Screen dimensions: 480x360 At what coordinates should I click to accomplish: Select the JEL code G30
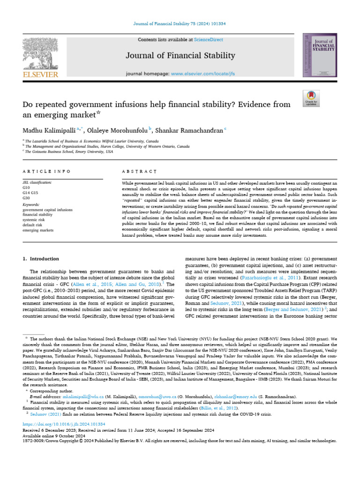pyautogui.click(x=26, y=198)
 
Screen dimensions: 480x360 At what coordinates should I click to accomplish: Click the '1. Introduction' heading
pyautogui.click(x=41, y=259)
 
